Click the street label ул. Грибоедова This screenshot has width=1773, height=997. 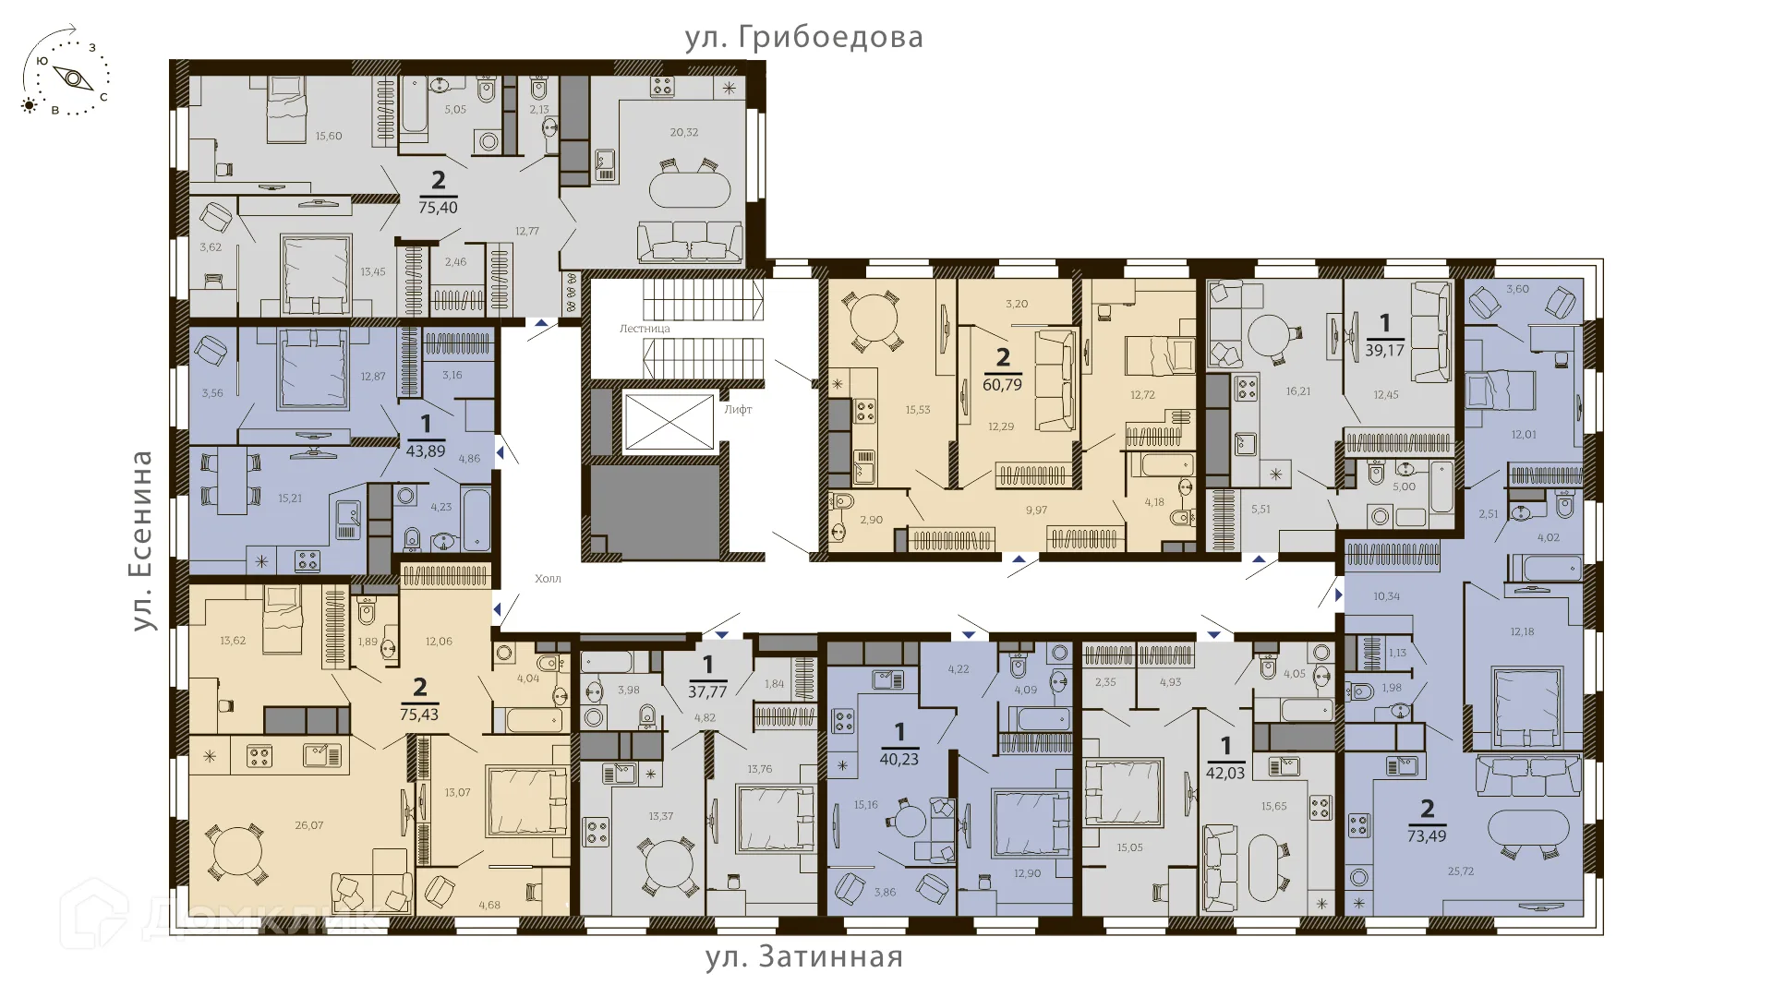pos(803,38)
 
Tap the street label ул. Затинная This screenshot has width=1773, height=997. pos(804,956)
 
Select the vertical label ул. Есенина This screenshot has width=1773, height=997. pos(142,540)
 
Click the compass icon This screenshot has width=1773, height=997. pos(66,73)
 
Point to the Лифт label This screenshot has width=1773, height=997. pos(738,409)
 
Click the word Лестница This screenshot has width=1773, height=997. pos(645,329)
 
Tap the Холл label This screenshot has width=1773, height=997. pos(548,579)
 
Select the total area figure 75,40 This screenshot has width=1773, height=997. pos(438,208)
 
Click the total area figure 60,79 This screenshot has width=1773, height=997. pos(1003,384)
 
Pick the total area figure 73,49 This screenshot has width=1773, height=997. pos(1427,836)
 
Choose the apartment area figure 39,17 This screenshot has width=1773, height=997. pos(1384,351)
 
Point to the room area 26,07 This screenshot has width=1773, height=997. pos(309,825)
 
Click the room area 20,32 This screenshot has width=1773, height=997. pos(684,132)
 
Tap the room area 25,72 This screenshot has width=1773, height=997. pos(1461,871)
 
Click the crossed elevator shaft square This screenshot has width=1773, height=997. pos(669,423)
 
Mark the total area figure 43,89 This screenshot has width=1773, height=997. pos(426,451)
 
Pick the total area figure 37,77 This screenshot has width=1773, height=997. pos(707,691)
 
